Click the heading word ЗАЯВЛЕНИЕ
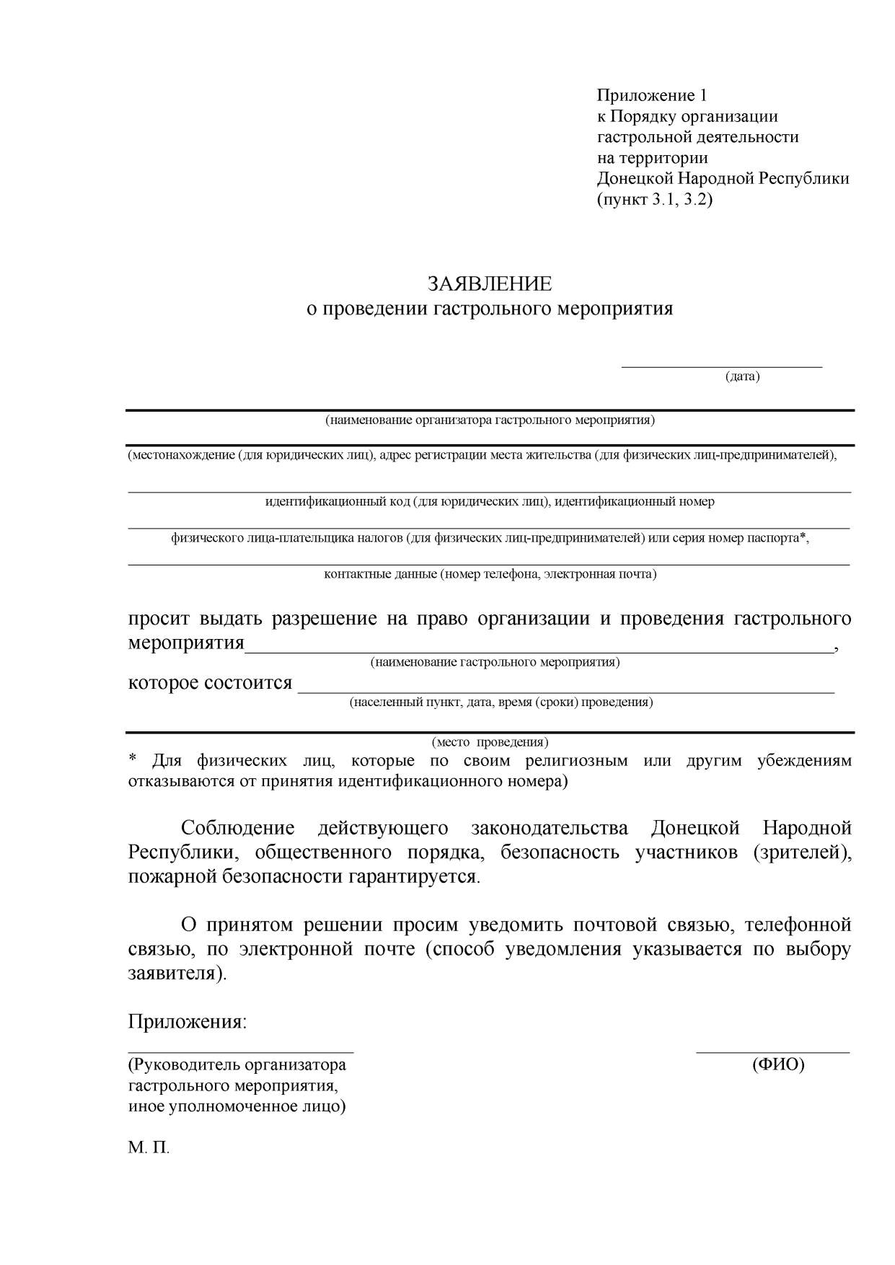489,284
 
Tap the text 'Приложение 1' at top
652,95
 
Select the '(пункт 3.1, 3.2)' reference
654,200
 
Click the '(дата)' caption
742,376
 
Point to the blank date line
721,366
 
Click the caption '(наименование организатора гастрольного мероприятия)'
490,420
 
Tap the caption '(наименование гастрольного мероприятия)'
495,662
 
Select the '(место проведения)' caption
490,742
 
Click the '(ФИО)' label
777,1065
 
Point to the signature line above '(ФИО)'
772,1052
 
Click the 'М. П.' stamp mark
149,1148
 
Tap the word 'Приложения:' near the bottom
188,1022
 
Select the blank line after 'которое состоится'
566,691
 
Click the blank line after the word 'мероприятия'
539,651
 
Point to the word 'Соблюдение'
237,828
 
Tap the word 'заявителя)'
177,973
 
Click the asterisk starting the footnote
133,760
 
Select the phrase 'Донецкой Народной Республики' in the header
723,179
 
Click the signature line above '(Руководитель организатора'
241,1052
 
